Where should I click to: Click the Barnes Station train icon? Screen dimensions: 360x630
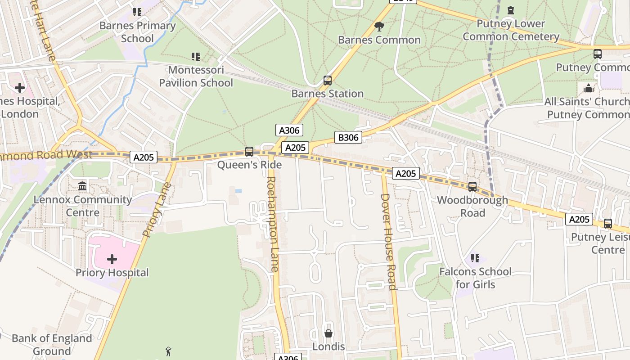click(x=328, y=81)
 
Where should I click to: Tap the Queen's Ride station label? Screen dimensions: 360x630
click(x=249, y=165)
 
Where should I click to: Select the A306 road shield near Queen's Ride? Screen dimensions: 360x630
click(x=289, y=130)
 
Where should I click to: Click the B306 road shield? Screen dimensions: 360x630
click(x=348, y=137)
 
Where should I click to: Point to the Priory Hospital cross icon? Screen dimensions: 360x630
click(x=112, y=259)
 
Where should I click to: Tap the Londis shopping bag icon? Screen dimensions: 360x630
click(x=328, y=333)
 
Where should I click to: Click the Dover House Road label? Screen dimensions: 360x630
click(x=388, y=241)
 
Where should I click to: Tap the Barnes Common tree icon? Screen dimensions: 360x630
click(x=379, y=26)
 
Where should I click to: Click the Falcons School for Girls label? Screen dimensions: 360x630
click(x=475, y=278)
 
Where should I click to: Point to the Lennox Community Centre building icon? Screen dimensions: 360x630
click(x=82, y=186)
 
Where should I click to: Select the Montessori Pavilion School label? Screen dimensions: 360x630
click(x=196, y=76)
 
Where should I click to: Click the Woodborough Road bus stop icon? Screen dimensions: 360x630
click(x=472, y=186)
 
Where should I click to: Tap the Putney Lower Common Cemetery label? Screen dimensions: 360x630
click(x=511, y=30)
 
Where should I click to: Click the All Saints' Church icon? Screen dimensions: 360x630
click(x=589, y=88)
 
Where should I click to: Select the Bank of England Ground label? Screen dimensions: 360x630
click(x=52, y=344)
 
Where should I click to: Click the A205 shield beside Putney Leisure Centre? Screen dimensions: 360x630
click(x=579, y=219)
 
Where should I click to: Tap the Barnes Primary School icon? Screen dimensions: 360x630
click(x=137, y=12)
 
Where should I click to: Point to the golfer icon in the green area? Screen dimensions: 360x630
click(x=168, y=351)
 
